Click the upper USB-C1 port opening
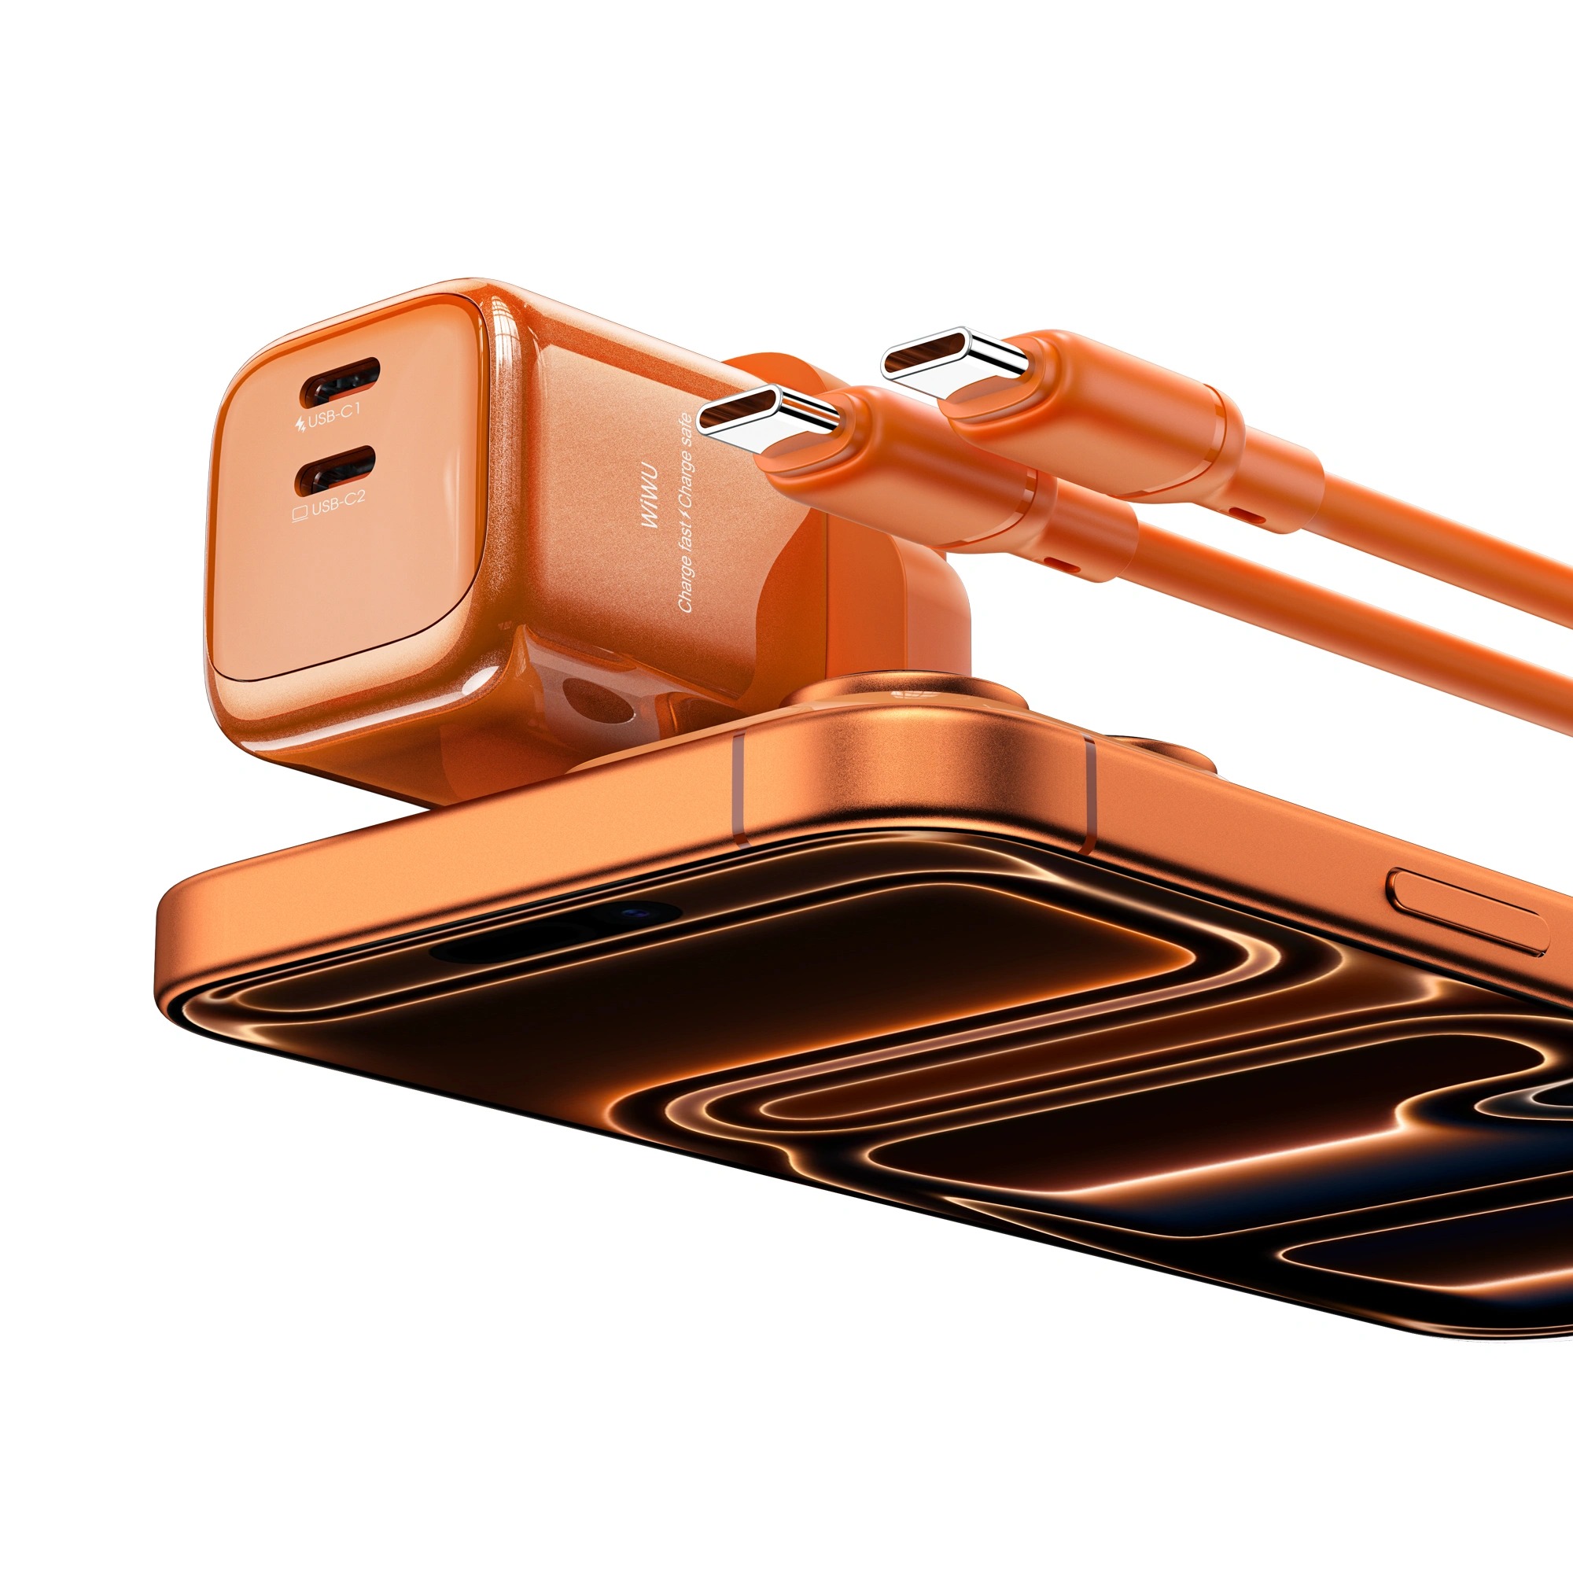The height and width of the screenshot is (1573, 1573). coord(341,382)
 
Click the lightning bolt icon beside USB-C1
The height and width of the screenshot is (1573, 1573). coord(300,423)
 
